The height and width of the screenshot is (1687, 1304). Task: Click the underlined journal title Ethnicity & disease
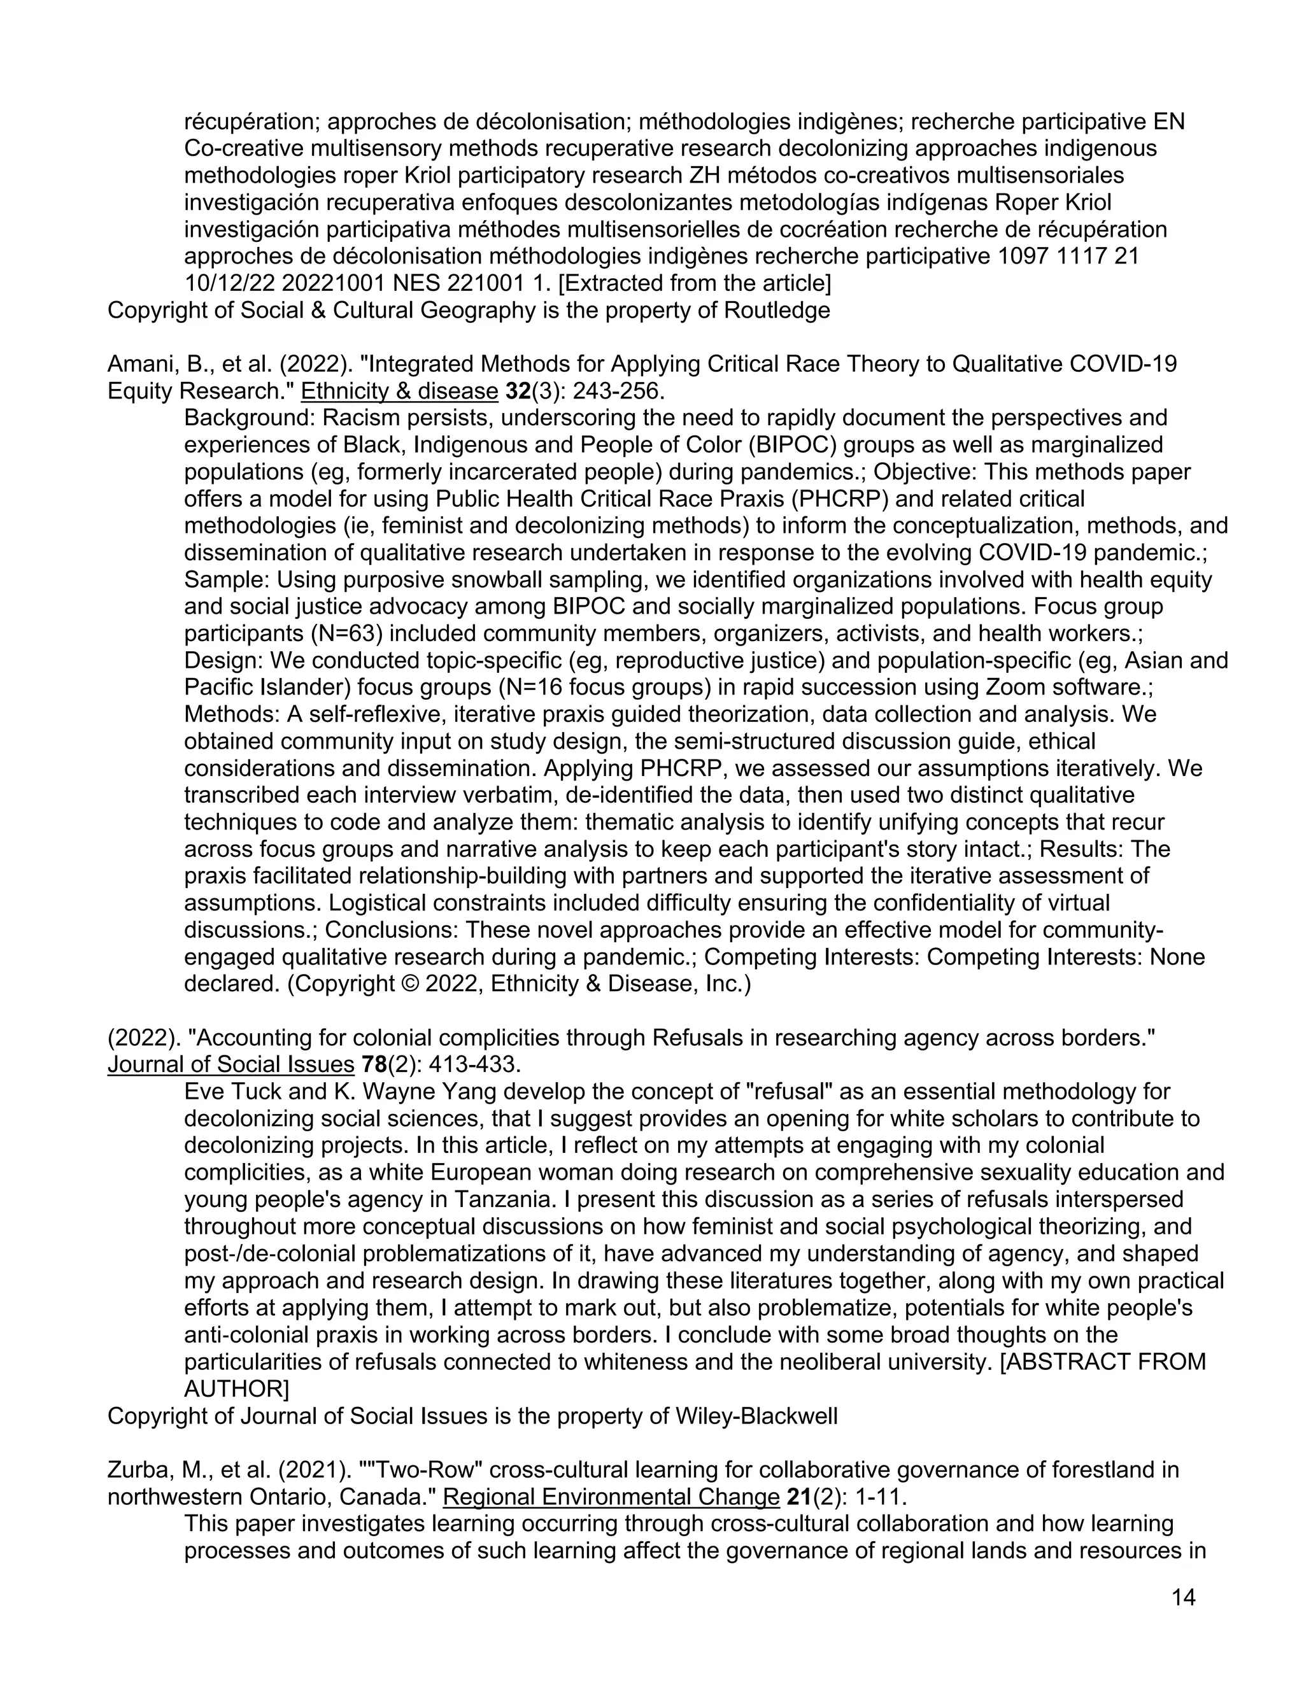tap(399, 391)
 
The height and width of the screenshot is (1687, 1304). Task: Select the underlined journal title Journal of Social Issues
tap(230, 1064)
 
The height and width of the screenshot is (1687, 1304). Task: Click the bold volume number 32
tap(518, 391)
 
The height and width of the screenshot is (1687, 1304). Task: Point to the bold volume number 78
tap(374, 1064)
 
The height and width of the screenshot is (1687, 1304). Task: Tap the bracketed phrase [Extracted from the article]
tap(694, 283)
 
